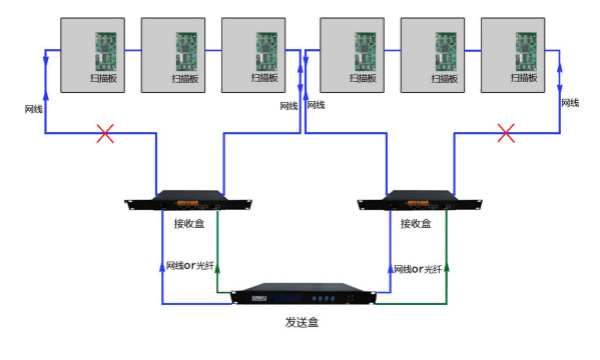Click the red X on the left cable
coord(104,133)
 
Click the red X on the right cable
coord(507,133)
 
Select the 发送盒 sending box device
coord(306,297)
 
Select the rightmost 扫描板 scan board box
coord(517,51)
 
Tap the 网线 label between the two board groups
coord(289,105)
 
